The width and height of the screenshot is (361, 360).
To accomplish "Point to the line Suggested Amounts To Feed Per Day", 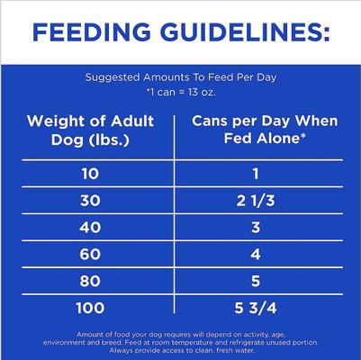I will tap(181, 76).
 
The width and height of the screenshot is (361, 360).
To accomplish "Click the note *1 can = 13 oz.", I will tap(181, 92).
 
